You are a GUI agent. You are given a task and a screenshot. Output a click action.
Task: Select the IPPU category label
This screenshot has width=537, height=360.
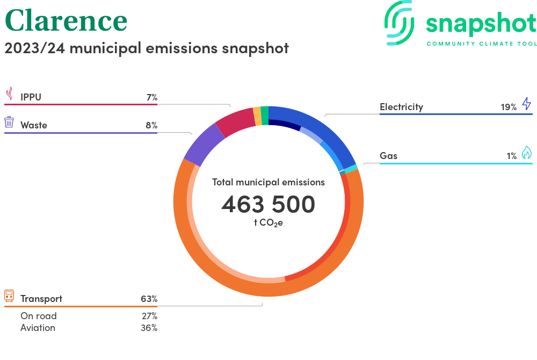pyautogui.click(x=31, y=97)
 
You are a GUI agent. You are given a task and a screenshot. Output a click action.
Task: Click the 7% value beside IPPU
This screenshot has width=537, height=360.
pyautogui.click(x=151, y=97)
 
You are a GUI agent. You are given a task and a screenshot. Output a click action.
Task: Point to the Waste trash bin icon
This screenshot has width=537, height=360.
pyautogui.click(x=9, y=122)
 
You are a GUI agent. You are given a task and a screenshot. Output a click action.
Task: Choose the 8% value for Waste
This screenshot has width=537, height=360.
pyautogui.click(x=151, y=125)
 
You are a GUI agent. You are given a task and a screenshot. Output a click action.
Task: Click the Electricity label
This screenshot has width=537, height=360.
pyautogui.click(x=401, y=107)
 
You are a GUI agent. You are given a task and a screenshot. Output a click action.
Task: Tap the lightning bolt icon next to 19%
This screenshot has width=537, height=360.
pyautogui.click(x=526, y=103)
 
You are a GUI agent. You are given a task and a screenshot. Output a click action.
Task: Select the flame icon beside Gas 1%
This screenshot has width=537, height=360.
pyautogui.click(x=526, y=153)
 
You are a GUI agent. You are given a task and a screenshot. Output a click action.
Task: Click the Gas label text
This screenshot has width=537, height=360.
pyautogui.click(x=388, y=156)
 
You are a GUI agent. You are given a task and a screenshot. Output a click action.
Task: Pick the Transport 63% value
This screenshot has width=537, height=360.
pyautogui.click(x=149, y=299)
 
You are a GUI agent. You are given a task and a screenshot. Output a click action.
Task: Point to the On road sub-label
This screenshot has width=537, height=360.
pyautogui.click(x=38, y=316)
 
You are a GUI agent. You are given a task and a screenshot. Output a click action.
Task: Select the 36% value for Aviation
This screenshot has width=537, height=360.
pyautogui.click(x=149, y=328)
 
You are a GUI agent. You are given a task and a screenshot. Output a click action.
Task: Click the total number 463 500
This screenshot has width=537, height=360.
pyautogui.click(x=268, y=204)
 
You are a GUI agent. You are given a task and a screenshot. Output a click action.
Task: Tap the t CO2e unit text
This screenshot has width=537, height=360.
pyautogui.click(x=268, y=222)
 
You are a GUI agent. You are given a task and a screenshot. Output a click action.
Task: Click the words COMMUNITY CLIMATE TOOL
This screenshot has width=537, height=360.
pyautogui.click(x=481, y=44)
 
